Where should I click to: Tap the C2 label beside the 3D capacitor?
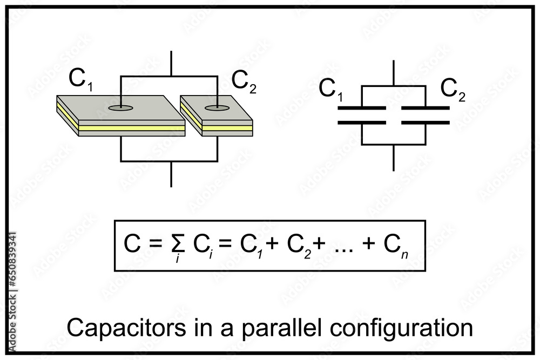pos(244,81)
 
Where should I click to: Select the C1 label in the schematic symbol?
pos(330,90)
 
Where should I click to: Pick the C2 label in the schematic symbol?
pos(453,89)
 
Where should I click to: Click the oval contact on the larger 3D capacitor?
pos(120,108)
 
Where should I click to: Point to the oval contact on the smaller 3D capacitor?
pos(216,108)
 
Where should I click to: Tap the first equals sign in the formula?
pos(156,244)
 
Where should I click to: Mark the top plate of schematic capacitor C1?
pos(361,108)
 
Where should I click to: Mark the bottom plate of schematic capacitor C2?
pos(426,123)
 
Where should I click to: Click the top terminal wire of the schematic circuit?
pos(394,72)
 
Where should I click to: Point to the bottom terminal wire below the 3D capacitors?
pos(171,174)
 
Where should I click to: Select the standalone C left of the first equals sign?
pos(133,244)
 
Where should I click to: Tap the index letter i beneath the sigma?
pos(177,260)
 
